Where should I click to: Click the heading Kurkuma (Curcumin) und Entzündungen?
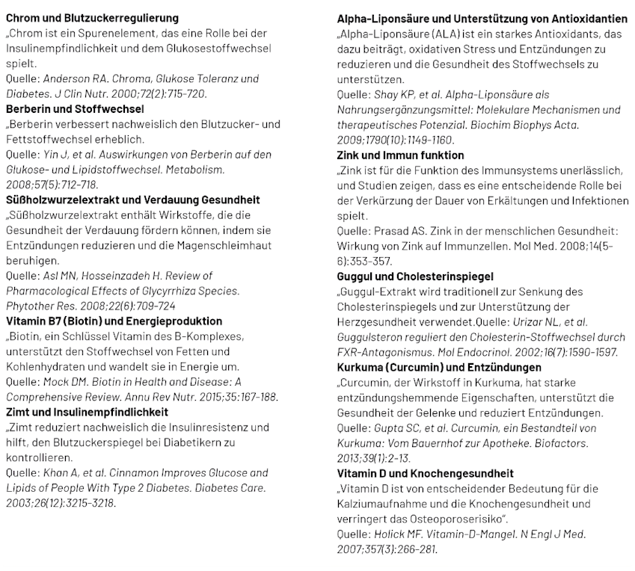click(440, 368)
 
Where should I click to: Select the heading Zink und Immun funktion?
click(401, 155)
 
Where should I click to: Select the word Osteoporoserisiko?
click(452, 519)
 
